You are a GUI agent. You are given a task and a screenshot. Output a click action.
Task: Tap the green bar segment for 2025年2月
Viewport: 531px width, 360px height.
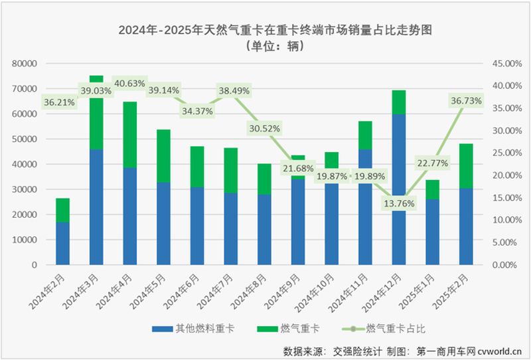467,166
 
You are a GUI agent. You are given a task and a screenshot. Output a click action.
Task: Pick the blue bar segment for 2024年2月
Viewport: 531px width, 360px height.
62,243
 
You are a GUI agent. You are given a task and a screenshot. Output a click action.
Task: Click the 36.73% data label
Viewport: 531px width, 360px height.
464,101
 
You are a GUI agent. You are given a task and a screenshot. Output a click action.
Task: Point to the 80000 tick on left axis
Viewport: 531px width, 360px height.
25,64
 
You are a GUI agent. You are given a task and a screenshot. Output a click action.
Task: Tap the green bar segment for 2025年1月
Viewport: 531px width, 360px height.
432,190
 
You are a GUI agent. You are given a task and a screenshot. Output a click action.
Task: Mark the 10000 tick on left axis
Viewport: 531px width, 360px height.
25,240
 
